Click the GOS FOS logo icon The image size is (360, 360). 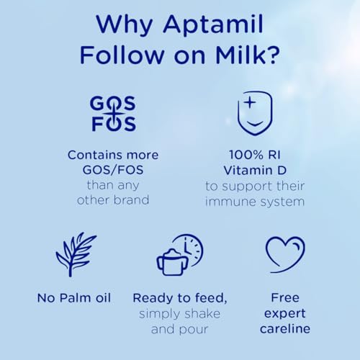(x=112, y=114)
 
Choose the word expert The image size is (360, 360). (x=285, y=314)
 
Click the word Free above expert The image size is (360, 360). (x=285, y=297)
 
